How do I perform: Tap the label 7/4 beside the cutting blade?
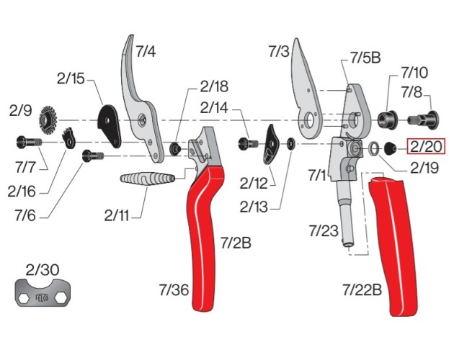145,52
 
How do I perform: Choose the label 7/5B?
365,58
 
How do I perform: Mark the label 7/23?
323,230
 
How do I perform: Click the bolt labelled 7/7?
29,142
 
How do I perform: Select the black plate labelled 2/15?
110,123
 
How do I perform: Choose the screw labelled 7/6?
93,153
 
